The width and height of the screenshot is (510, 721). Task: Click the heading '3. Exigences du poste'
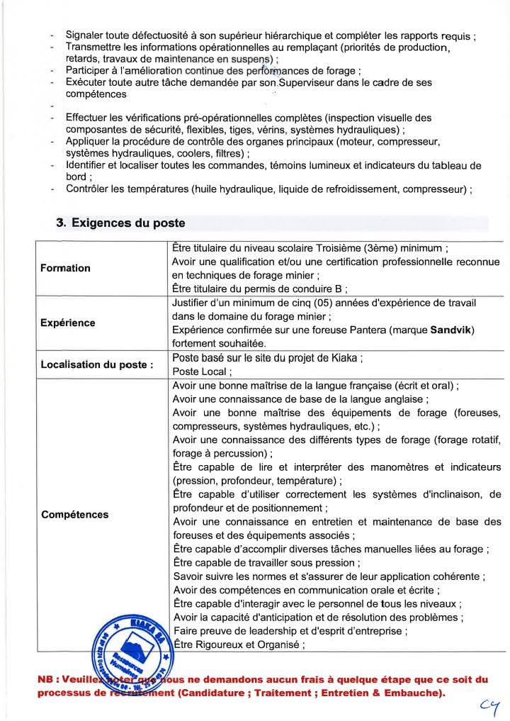tap(120, 223)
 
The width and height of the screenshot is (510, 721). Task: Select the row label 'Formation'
tap(65, 268)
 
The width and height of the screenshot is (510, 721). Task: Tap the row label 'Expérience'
tap(67, 323)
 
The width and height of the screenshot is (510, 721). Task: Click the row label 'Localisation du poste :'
tap(97, 365)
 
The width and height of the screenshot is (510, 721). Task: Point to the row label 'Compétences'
tap(74, 514)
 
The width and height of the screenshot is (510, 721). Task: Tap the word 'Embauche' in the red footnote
tap(419, 692)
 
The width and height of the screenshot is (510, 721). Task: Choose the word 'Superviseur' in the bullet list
tap(308, 83)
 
